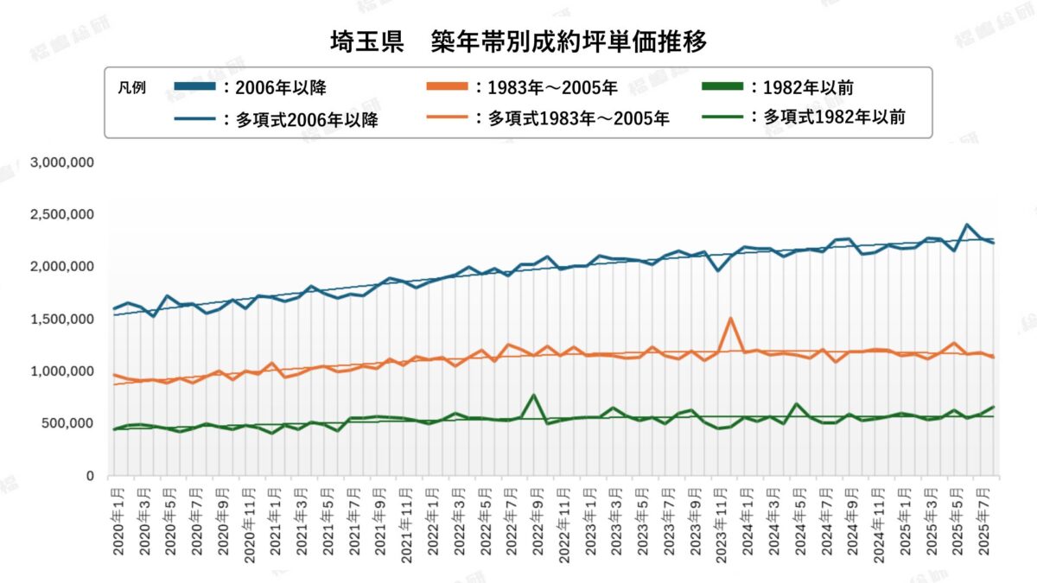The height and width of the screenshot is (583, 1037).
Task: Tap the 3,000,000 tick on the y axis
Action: tap(62, 162)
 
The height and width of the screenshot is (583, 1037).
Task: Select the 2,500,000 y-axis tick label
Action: tap(62, 214)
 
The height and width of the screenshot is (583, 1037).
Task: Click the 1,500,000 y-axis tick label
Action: tap(62, 319)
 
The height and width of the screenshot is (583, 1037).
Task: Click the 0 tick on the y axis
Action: tap(90, 476)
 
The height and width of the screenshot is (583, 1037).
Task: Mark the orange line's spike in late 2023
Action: tap(731, 319)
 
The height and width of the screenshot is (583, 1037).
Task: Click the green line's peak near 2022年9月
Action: tap(533, 396)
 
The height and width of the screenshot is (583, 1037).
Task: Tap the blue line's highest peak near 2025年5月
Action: tap(967, 225)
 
